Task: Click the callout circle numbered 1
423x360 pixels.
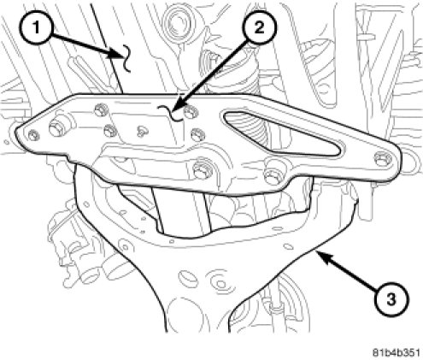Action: (36, 28)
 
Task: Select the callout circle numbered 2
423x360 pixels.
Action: (259, 28)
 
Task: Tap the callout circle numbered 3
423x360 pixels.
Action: (391, 299)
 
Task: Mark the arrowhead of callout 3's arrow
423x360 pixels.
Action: (322, 254)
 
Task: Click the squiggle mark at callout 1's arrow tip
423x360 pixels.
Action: (126, 59)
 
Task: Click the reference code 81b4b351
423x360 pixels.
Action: (396, 352)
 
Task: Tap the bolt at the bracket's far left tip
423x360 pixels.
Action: (34, 135)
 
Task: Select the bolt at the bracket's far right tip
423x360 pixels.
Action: (381, 158)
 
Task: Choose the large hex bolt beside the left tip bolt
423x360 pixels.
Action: (56, 128)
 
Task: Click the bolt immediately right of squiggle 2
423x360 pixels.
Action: (190, 112)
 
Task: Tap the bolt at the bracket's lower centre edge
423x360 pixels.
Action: (203, 170)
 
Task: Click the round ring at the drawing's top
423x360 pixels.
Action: (174, 20)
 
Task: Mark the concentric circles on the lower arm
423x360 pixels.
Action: (220, 283)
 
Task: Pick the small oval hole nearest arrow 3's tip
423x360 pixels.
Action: (289, 246)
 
